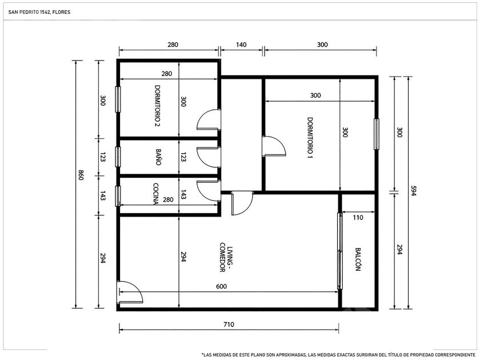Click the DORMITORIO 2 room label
click(x=158, y=106)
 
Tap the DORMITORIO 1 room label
click(x=310, y=138)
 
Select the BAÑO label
click(x=158, y=157)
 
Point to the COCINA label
click(x=155, y=194)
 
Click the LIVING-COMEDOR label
click(x=226, y=257)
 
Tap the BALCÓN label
click(x=358, y=259)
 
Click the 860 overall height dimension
click(x=81, y=175)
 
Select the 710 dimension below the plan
click(x=229, y=324)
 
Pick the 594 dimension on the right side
click(x=414, y=191)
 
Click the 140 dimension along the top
click(x=241, y=45)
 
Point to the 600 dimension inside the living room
click(x=221, y=286)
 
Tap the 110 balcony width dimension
click(x=358, y=218)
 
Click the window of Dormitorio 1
click(x=377, y=134)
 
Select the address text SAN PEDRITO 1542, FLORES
click(x=39, y=12)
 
